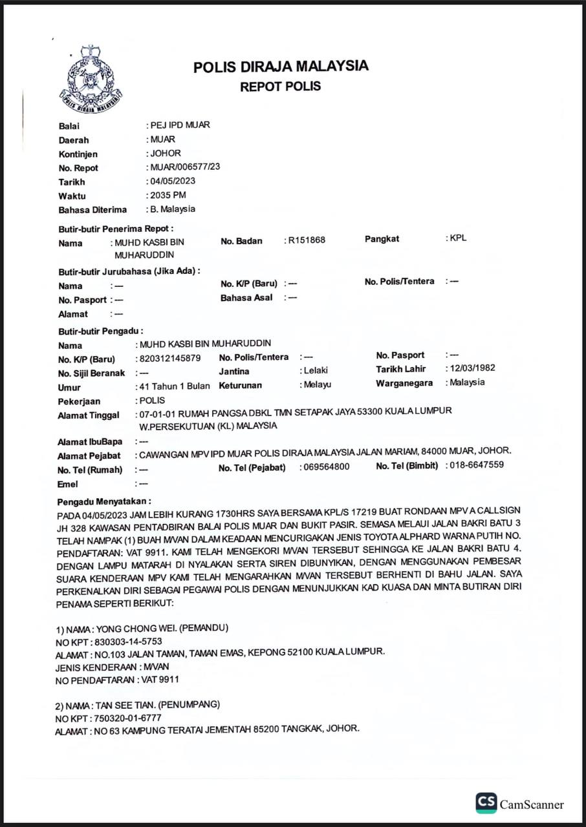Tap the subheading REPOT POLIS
click(281, 87)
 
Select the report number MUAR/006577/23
click(185, 167)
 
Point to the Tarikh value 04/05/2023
click(173, 181)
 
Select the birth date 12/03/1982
click(473, 368)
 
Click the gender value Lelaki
click(316, 371)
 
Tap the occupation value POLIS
click(153, 401)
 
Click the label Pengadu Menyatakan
click(104, 501)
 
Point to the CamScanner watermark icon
click(486, 803)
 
